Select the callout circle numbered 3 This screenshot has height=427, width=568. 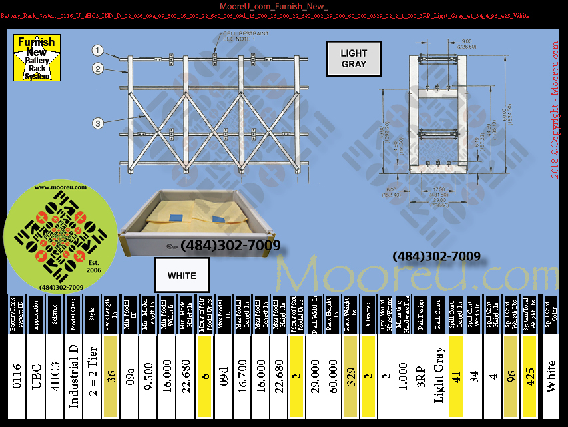98,122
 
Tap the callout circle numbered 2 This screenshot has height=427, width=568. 98,68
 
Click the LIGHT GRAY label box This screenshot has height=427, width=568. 354,59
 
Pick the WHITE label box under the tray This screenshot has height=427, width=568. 182,276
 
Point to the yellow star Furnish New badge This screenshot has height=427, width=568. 37,59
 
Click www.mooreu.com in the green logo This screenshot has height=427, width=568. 61,188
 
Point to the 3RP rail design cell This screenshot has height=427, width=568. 420,377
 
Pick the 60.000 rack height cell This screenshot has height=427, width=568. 332,377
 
